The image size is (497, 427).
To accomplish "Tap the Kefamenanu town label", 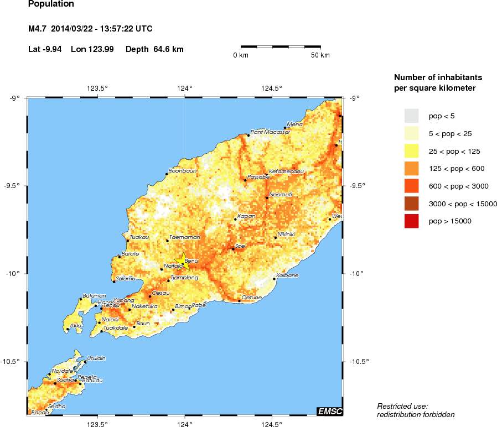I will (286, 171).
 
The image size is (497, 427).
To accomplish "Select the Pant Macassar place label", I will (270, 132).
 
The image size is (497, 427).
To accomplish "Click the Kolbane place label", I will (287, 275).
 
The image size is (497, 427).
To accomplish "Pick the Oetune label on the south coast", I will (252, 297).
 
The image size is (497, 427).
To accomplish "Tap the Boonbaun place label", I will (183, 171).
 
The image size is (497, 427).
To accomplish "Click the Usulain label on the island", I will (96, 358).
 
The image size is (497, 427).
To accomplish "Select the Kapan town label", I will (246, 216).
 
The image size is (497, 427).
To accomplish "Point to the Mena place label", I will (295, 124).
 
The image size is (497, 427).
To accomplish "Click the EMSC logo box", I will (329, 410).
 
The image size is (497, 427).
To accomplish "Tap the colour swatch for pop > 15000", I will (411, 221).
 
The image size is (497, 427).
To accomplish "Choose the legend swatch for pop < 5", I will (411, 116).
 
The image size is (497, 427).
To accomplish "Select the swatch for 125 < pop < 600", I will (411, 168).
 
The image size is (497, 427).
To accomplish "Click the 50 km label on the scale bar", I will (320, 55).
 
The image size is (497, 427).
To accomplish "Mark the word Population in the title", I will (50, 4).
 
